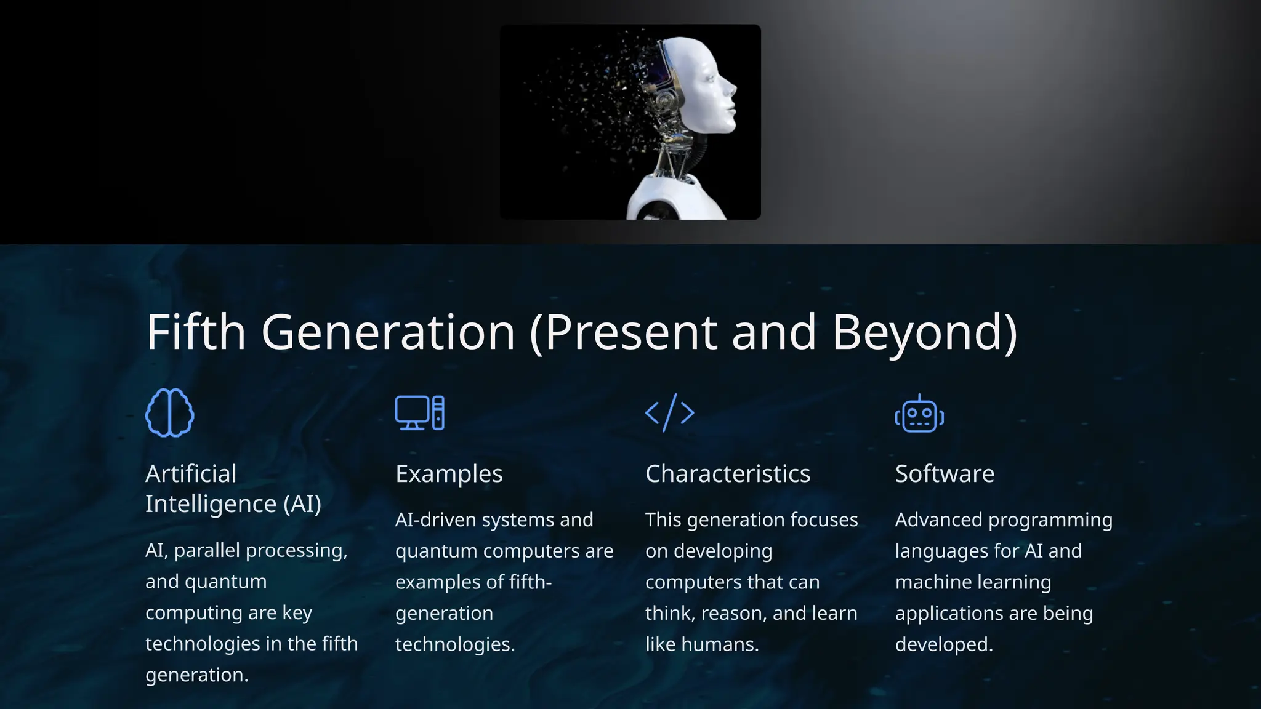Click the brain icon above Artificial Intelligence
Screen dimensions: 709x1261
click(169, 413)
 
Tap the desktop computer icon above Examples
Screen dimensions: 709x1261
click(419, 413)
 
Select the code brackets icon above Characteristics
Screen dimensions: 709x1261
click(669, 413)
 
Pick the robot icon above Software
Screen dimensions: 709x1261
click(919, 414)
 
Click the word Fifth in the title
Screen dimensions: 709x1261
click(196, 332)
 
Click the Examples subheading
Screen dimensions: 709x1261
click(449, 474)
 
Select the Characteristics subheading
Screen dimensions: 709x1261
click(727, 474)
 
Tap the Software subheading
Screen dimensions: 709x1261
click(945, 474)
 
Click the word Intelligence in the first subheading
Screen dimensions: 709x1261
click(211, 504)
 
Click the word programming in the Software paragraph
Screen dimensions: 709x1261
click(1050, 520)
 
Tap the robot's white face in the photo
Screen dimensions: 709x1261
click(708, 86)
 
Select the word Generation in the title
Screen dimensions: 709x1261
click(388, 332)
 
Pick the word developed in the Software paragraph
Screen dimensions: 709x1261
click(943, 644)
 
